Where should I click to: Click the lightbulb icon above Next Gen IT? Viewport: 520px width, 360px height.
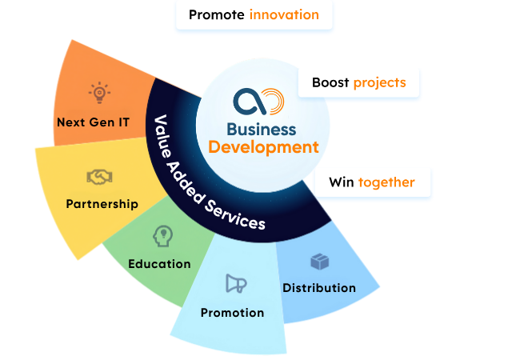[99, 93]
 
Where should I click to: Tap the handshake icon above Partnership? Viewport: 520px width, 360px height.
[99, 176]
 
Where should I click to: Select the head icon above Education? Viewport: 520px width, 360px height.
[162, 236]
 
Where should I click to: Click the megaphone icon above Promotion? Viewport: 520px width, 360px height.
[235, 283]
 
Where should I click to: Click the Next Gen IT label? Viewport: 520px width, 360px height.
[94, 122]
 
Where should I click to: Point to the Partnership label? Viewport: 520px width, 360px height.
[102, 204]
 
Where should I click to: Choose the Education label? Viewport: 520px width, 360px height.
[159, 263]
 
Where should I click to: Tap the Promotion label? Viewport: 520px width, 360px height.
[232, 312]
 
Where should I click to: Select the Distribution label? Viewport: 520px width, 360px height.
[319, 287]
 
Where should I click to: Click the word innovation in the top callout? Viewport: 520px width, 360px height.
[284, 15]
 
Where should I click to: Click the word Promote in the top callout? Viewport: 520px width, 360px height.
[217, 15]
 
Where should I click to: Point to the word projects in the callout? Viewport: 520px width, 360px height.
[380, 82]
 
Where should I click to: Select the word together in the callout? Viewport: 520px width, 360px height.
[386, 182]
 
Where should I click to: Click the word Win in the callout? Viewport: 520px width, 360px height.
[342, 182]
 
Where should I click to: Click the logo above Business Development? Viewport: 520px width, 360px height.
[258, 102]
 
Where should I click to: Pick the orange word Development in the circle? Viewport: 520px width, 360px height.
[263, 147]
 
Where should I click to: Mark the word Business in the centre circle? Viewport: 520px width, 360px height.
[262, 130]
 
